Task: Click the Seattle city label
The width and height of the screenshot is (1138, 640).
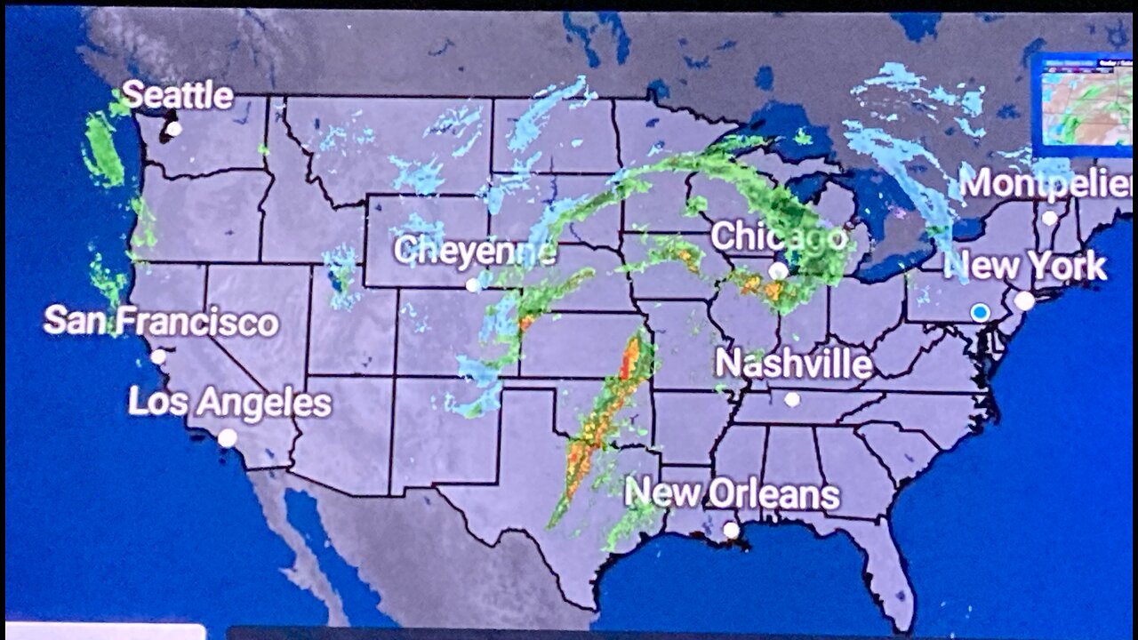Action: [x=177, y=95]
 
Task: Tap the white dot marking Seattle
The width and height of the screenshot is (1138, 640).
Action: [x=173, y=129]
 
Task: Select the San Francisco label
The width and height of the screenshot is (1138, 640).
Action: [x=161, y=321]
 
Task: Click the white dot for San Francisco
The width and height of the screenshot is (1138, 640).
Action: [x=158, y=356]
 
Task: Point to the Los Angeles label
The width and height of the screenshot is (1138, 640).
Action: [x=229, y=403]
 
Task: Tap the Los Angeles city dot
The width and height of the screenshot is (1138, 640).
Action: [x=228, y=437]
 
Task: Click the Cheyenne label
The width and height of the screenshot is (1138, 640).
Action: [x=475, y=251]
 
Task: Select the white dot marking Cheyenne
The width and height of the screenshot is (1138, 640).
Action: [x=473, y=285]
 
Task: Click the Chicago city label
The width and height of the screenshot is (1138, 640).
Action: [x=778, y=237]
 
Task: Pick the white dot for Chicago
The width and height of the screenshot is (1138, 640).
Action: [x=778, y=270]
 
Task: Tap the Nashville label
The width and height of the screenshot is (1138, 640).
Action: [x=793, y=364]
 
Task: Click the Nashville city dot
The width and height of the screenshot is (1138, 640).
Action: [x=792, y=399]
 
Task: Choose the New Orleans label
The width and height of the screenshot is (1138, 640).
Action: [x=732, y=494]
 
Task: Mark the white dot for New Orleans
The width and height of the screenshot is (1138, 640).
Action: [x=731, y=530]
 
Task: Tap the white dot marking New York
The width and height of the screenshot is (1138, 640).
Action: [x=1024, y=301]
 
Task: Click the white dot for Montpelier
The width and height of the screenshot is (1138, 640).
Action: [x=1050, y=218]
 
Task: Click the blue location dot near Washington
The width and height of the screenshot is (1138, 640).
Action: [x=980, y=312]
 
